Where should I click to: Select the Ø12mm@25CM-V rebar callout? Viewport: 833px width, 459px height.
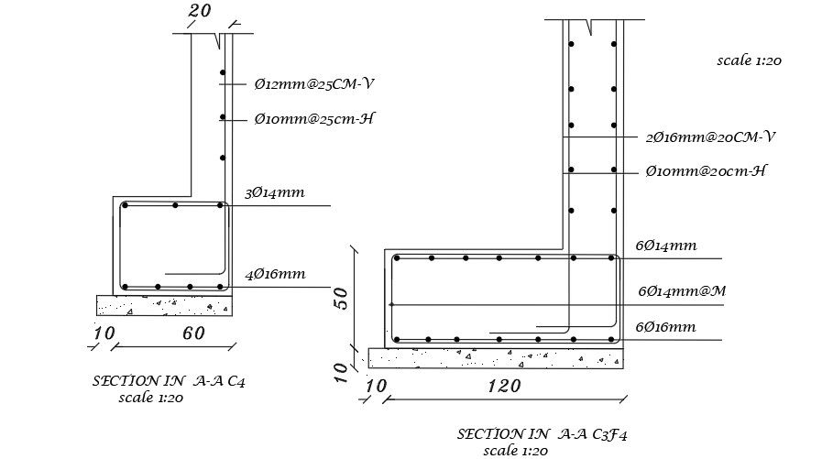coord(314,84)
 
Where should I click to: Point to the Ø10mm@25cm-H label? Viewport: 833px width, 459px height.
coord(316,119)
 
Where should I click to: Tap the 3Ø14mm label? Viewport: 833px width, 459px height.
coord(275,193)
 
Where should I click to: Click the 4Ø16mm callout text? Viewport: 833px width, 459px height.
coord(275,274)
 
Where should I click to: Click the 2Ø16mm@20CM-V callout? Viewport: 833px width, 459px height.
coord(710,137)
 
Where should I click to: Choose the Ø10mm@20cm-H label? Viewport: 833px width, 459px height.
coord(705,172)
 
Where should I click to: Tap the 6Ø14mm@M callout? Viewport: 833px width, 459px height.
coord(683,291)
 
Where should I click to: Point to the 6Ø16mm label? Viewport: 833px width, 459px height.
coord(665,326)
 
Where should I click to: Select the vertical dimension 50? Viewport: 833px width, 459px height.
coord(342,297)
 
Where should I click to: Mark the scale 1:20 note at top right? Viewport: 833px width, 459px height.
coord(750,60)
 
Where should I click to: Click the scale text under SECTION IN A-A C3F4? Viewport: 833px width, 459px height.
coord(515,451)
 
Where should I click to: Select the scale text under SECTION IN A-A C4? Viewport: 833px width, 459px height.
coord(152,398)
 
